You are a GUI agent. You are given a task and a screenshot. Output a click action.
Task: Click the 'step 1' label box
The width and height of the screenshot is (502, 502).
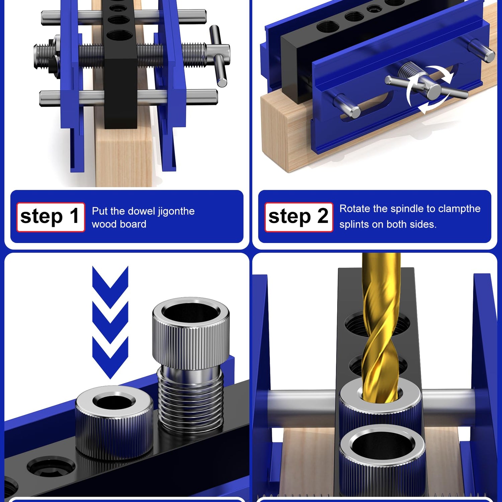point(51,217)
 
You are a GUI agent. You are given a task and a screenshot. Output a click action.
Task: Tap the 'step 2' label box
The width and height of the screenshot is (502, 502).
point(299,217)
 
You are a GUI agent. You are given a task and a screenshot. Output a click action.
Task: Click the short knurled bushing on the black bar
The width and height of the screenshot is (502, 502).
point(114,421)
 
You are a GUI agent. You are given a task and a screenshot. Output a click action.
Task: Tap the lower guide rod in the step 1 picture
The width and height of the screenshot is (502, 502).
point(129,98)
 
